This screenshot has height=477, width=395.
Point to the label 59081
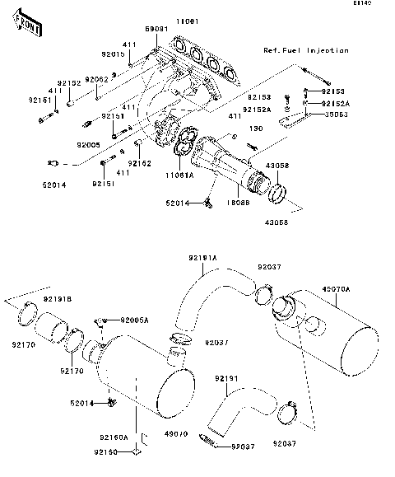(x=156, y=28)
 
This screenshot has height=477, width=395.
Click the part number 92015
(x=113, y=54)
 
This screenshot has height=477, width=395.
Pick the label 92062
(x=98, y=79)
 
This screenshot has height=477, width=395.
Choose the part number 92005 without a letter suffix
(x=88, y=143)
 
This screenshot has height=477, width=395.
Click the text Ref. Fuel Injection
(x=305, y=50)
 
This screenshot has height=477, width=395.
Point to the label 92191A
(x=203, y=258)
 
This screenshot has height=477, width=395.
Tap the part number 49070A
(x=336, y=289)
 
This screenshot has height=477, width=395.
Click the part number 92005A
(x=134, y=320)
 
